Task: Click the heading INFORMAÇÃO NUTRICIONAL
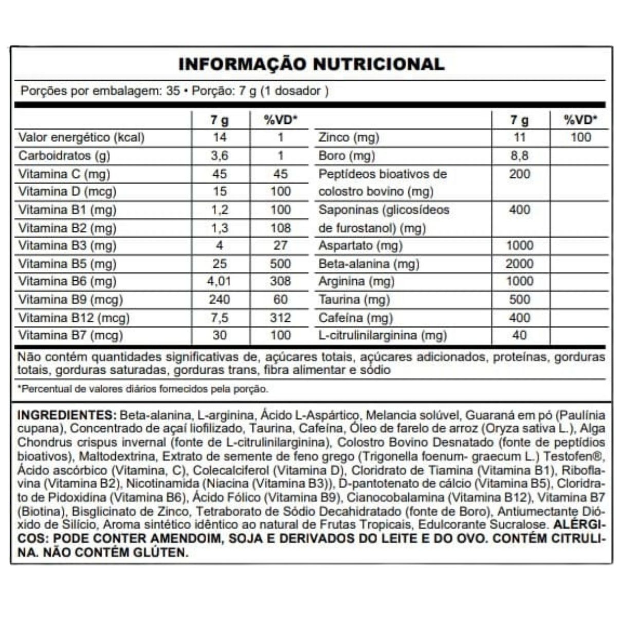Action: pyautogui.click(x=311, y=64)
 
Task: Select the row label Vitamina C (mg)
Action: pyautogui.click(x=64, y=174)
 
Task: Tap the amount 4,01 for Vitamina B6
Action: pyautogui.click(x=220, y=281)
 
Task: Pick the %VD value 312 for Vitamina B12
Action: pyautogui.click(x=280, y=317)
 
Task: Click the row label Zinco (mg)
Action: pyautogui.click(x=349, y=137)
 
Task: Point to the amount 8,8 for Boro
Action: pyautogui.click(x=519, y=155)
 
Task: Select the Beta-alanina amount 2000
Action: pyautogui.click(x=519, y=264)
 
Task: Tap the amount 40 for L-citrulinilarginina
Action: pyautogui.click(x=519, y=335)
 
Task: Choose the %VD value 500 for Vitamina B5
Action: pyautogui.click(x=280, y=264)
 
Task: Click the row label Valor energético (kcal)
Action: pyautogui.click(x=81, y=137)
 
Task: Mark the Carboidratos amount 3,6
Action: pyautogui.click(x=220, y=155)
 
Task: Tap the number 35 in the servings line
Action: pyautogui.click(x=173, y=91)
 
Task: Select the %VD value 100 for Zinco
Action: pyautogui.click(x=580, y=137)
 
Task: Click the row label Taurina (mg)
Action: pyautogui.click(x=354, y=299)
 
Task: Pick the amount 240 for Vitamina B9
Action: pyautogui.click(x=220, y=299)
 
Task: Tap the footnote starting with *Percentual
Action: pyautogui.click(x=143, y=389)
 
